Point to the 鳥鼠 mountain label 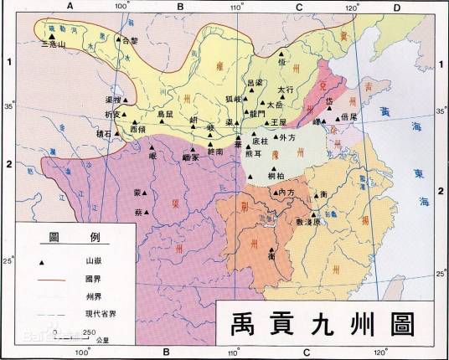(166, 113)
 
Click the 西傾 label (138, 130)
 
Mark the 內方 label (286, 193)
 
